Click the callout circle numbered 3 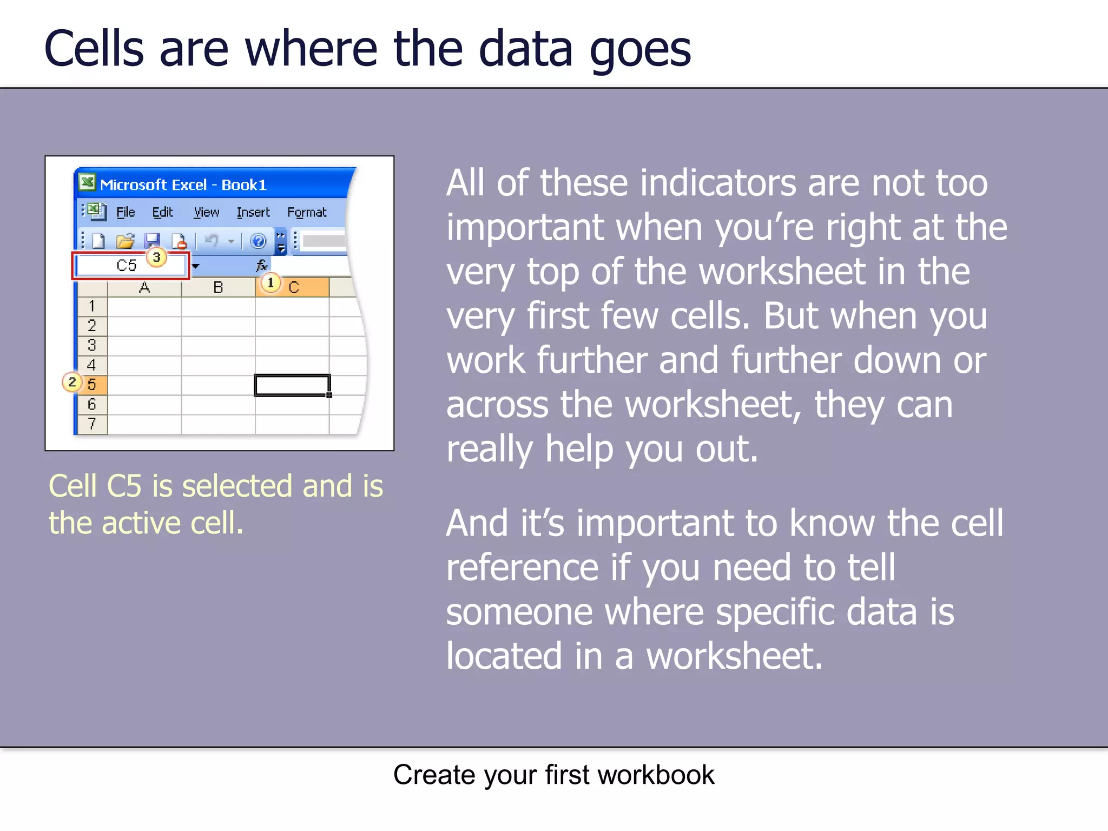point(156,257)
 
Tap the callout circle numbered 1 point(271,282)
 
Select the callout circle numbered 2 point(72,382)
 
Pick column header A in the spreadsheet point(144,288)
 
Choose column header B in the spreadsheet point(218,288)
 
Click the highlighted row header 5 point(92,385)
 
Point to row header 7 point(92,424)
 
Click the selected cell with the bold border point(292,385)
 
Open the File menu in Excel point(126,213)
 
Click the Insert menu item point(253,213)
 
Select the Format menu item point(306,213)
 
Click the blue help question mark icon point(259,241)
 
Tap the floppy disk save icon point(152,241)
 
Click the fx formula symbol point(261,266)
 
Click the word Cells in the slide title point(94,49)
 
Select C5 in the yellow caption point(124,486)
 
